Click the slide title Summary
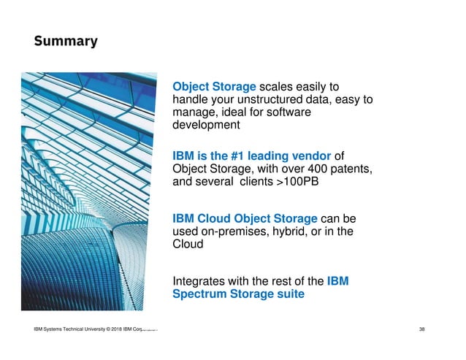click(x=65, y=42)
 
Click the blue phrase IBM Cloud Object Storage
click(x=245, y=218)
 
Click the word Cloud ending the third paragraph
click(x=187, y=245)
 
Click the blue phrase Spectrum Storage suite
click(x=238, y=294)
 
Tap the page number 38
click(x=421, y=331)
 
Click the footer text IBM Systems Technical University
click(x=72, y=331)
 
